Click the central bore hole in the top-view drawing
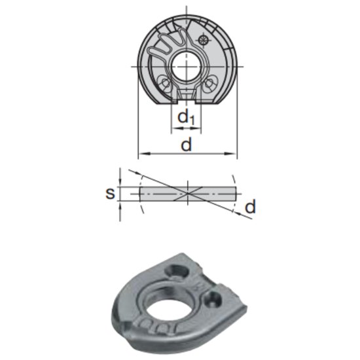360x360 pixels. tap(187, 67)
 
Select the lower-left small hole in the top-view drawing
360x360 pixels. tap(165, 84)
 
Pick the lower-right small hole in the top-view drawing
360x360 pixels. tap(209, 84)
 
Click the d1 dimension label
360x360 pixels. tap(187, 118)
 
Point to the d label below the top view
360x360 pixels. tap(187, 145)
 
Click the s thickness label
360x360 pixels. tap(110, 193)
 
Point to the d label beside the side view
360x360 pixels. tap(249, 207)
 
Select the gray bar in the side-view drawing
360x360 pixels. tap(164, 193)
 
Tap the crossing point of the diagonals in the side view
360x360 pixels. tap(188, 193)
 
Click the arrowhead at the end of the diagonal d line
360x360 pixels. tap(250, 219)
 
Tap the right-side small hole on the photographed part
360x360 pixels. tap(213, 300)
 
